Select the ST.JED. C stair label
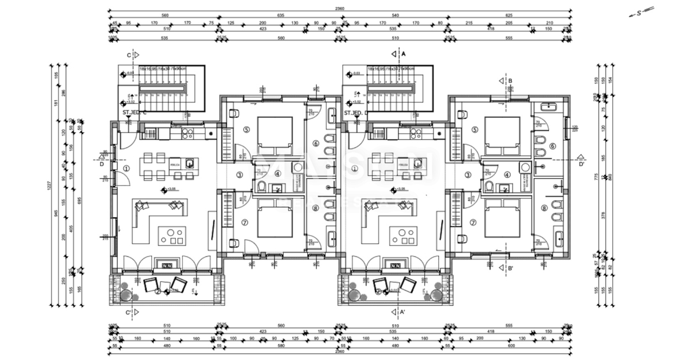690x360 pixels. tap(135, 113)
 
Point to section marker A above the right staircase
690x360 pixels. tap(398, 53)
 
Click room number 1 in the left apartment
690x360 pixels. tap(126, 168)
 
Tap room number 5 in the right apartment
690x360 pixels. tap(474, 129)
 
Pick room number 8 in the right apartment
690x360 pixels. tap(544, 208)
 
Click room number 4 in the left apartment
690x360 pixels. tap(277, 174)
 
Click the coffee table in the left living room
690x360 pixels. tap(172, 235)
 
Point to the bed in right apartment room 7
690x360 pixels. tap(501, 218)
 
